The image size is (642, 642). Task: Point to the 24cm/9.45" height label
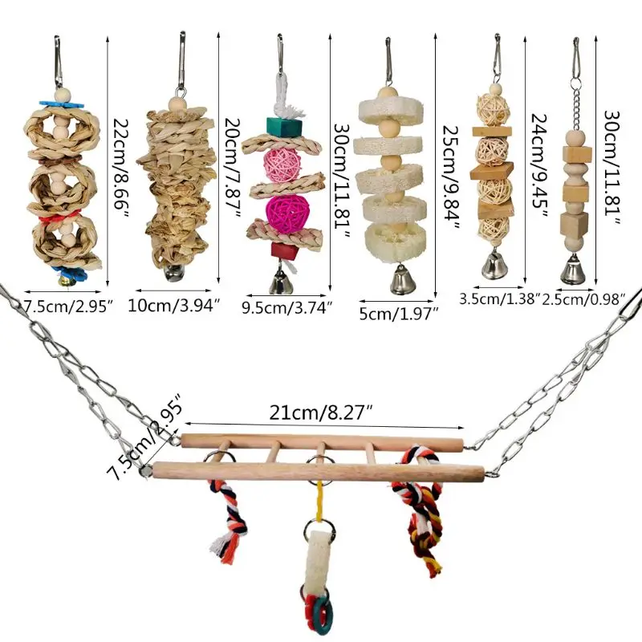click(537, 165)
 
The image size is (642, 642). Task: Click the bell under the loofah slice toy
click(400, 281)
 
